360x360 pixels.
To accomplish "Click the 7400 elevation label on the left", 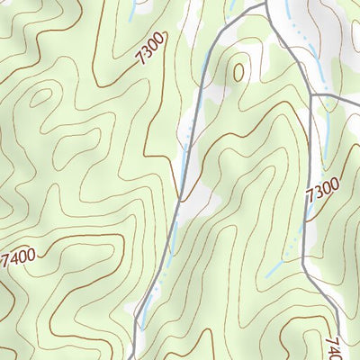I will click(19, 259).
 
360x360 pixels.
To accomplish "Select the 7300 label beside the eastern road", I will click(322, 191).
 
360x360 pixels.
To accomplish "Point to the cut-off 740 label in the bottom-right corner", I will click(334, 346).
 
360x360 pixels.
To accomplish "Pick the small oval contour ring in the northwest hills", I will click(40, 97).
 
